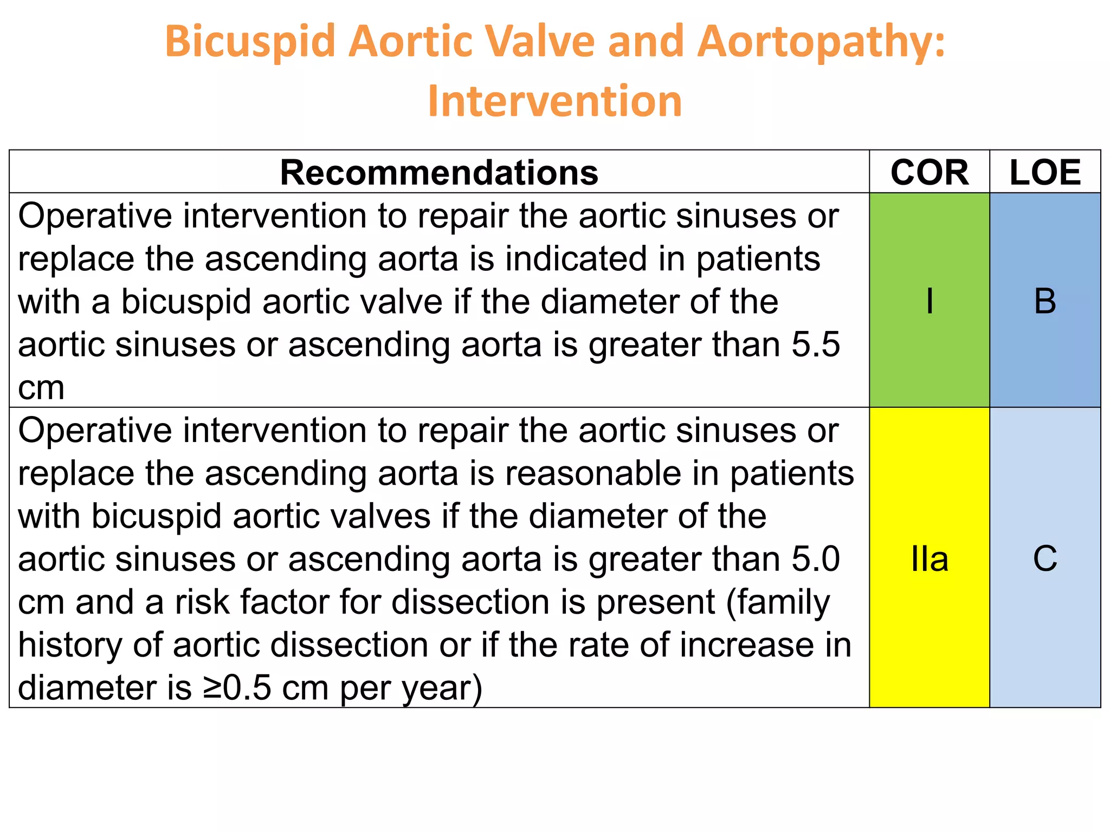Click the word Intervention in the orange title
coord(554,101)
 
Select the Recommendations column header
coord(439,173)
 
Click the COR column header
coord(929,173)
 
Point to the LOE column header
coord(1045,173)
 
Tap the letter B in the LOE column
coord(1045,301)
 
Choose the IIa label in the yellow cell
coord(929,560)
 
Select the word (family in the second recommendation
coord(778,603)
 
